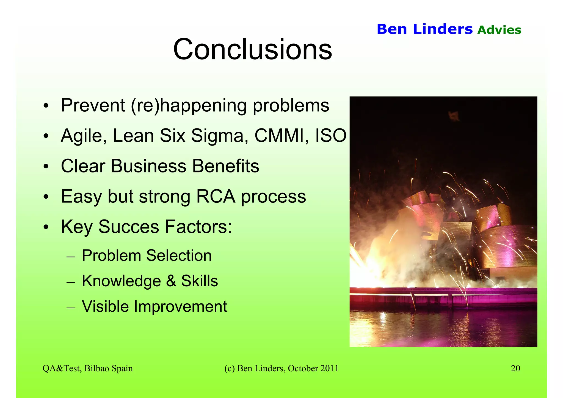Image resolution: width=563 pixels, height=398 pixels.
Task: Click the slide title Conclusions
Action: pos(252,50)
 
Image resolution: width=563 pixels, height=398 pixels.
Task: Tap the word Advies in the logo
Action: pos(499,30)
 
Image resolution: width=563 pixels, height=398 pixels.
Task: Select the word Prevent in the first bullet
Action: pos(93,105)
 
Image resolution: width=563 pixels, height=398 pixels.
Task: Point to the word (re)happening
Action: pos(189,106)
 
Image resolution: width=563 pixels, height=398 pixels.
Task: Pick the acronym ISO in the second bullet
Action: pos(330,136)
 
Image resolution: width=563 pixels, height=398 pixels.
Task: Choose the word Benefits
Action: pos(225,166)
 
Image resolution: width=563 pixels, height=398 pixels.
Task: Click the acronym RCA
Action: pos(216,196)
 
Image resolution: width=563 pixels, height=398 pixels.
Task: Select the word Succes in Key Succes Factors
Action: pos(129,227)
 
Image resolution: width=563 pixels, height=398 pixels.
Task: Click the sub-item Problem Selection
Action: pos(147,256)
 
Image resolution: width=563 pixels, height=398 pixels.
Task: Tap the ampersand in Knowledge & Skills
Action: pos(171,281)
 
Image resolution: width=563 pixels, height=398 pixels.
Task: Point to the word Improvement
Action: pos(180,306)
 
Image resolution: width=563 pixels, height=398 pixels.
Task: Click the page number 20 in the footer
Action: pos(515,368)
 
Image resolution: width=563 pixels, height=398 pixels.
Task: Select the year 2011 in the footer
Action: pos(329,368)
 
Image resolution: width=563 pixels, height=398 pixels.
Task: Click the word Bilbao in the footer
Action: pos(97,368)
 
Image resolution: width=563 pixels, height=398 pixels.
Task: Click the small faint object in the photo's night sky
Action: pos(454,116)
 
